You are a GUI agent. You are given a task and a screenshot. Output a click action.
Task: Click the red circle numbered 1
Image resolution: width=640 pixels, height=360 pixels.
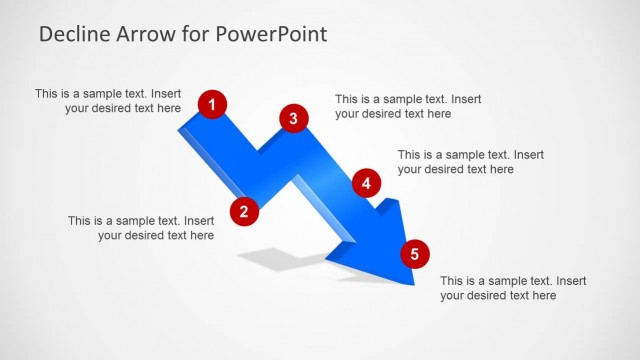coord(212,103)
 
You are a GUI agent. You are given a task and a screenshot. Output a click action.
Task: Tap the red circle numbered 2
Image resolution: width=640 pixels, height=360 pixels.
coord(244,211)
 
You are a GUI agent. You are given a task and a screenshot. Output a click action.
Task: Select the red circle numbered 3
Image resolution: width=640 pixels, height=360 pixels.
coord(292,119)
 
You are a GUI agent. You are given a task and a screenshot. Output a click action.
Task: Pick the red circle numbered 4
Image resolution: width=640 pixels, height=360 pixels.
coord(367,183)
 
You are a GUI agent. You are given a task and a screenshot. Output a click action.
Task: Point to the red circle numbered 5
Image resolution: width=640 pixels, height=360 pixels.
coord(414,254)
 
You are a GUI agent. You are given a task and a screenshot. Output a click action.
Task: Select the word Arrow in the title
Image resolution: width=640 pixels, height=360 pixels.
coord(145,34)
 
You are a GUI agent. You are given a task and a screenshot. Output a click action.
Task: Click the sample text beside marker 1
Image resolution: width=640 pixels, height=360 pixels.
coord(109,101)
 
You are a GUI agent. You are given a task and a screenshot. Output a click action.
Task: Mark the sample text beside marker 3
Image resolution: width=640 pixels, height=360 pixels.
coord(408,107)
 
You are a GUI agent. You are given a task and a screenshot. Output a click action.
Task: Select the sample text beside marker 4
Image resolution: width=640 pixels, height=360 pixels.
coord(471,162)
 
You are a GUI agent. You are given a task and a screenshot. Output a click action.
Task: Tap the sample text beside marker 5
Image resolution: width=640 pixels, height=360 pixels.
coord(513,288)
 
